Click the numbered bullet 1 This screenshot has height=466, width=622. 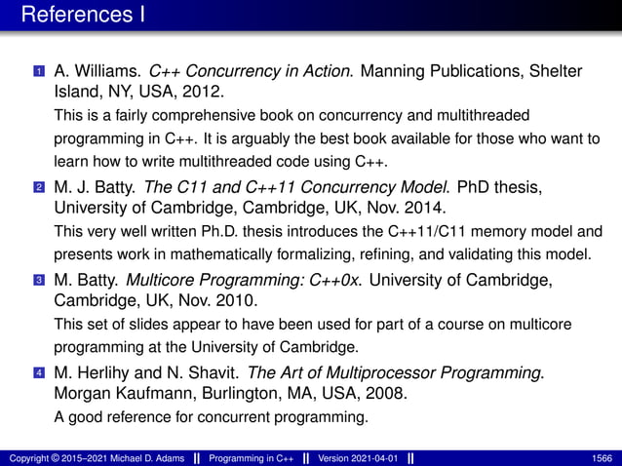pyautogui.click(x=38, y=72)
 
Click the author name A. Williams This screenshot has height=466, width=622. pyautogui.click(x=97, y=71)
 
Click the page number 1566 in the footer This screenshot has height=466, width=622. pyautogui.click(x=602, y=456)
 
